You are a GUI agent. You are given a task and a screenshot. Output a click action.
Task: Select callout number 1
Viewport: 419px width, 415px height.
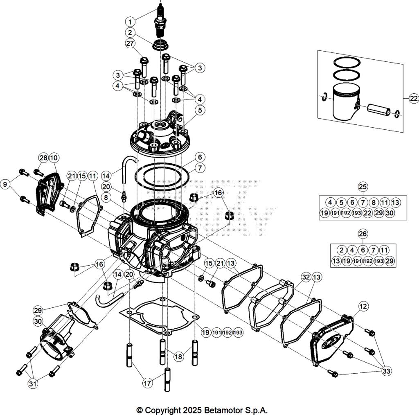click(x=130, y=21)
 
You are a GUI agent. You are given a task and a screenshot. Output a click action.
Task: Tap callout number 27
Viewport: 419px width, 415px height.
click(x=130, y=44)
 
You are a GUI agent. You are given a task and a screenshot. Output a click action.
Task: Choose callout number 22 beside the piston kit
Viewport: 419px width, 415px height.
click(x=413, y=98)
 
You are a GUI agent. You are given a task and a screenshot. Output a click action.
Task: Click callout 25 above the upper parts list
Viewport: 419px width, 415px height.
click(x=363, y=187)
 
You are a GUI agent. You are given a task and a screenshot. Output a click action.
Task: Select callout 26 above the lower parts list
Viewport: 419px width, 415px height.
click(x=363, y=234)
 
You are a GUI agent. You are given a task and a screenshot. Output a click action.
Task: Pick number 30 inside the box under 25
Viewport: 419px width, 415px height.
click(x=390, y=213)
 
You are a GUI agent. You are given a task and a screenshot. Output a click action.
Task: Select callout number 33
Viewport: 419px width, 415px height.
click(x=386, y=371)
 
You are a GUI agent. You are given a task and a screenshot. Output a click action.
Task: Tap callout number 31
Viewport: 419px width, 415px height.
click(x=33, y=383)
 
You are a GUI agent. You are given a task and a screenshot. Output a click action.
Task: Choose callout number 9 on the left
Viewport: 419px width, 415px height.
click(x=6, y=185)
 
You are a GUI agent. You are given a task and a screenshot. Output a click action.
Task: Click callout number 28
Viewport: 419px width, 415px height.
click(x=43, y=158)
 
